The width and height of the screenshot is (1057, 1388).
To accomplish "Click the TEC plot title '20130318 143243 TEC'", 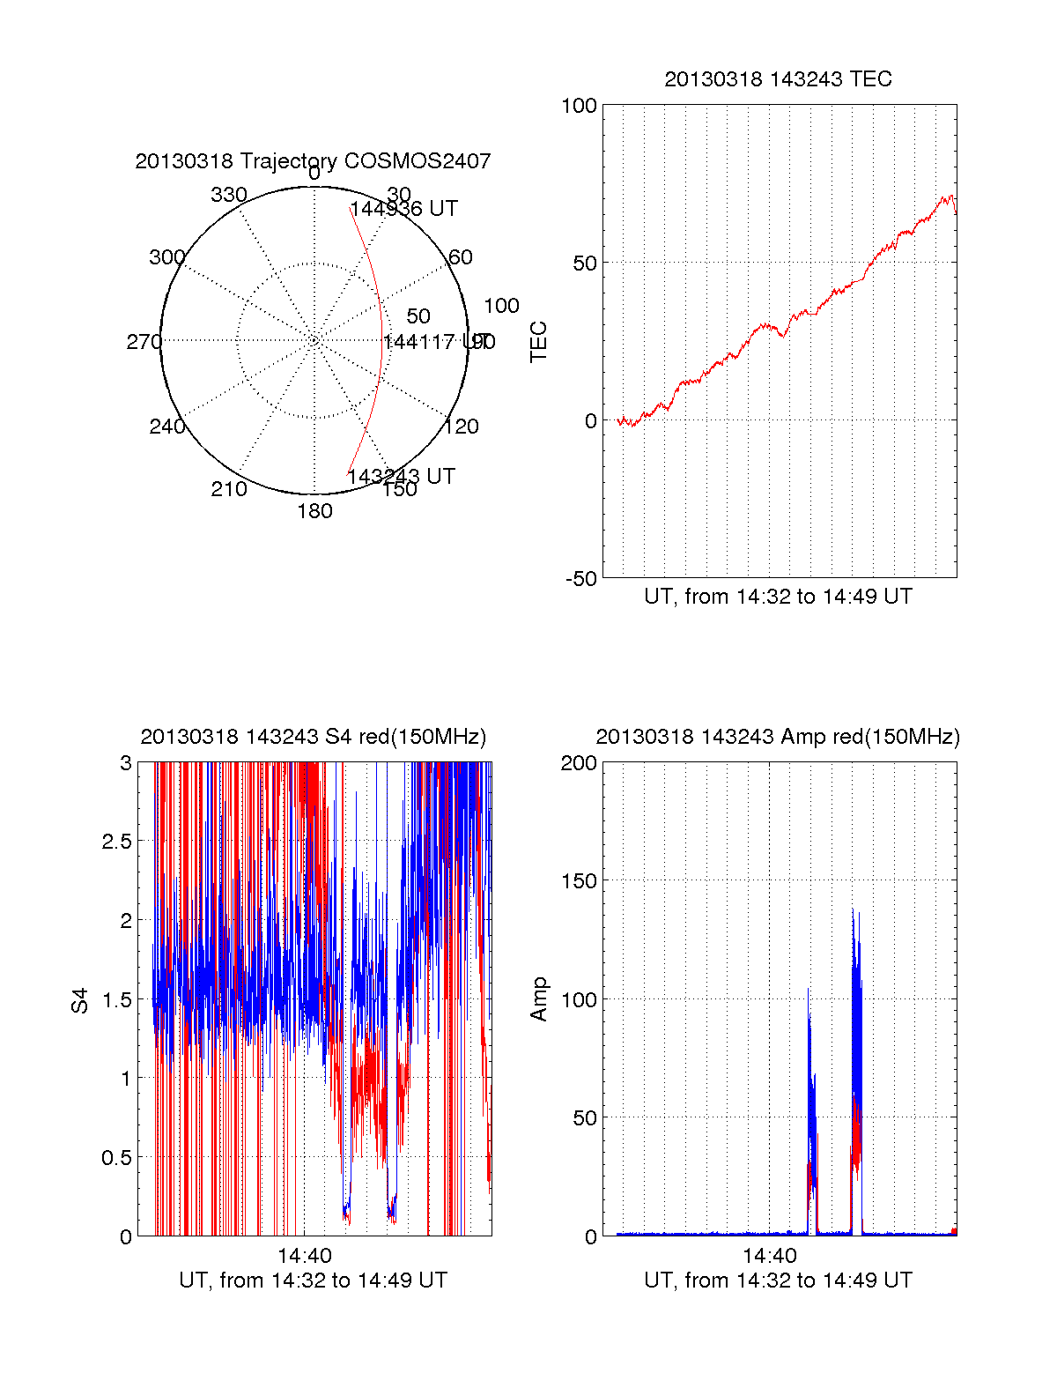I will click(x=778, y=79).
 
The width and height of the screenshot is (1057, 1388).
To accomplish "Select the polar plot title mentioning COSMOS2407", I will click(x=313, y=161).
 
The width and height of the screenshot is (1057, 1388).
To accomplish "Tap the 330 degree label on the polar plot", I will click(x=229, y=195).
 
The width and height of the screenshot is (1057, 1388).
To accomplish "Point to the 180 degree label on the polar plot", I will click(x=314, y=511).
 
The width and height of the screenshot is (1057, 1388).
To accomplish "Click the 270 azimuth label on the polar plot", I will click(x=144, y=342).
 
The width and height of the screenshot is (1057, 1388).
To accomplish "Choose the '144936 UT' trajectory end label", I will click(x=404, y=209).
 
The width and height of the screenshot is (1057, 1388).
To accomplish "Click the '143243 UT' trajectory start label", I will click(x=401, y=477).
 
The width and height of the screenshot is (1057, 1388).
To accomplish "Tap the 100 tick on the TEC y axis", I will click(x=579, y=106).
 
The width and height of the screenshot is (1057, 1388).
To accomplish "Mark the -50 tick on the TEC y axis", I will click(x=580, y=579).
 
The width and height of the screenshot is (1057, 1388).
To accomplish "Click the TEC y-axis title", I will click(x=538, y=342).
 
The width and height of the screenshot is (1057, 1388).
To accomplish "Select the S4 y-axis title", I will click(x=80, y=1000).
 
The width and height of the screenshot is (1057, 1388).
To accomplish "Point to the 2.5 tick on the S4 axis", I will click(x=116, y=842).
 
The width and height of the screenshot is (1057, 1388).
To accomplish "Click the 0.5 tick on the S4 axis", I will click(x=116, y=1158).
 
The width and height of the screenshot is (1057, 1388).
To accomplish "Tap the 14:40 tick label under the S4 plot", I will click(x=304, y=1256).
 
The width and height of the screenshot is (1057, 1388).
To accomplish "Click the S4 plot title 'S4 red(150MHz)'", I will click(x=313, y=737).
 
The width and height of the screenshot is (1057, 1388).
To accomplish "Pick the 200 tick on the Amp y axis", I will click(x=579, y=763).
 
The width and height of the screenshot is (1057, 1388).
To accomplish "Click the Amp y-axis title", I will click(x=538, y=999).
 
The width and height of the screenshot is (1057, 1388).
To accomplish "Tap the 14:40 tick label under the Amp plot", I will click(x=769, y=1256).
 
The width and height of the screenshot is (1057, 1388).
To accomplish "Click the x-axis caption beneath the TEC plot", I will click(x=778, y=597).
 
